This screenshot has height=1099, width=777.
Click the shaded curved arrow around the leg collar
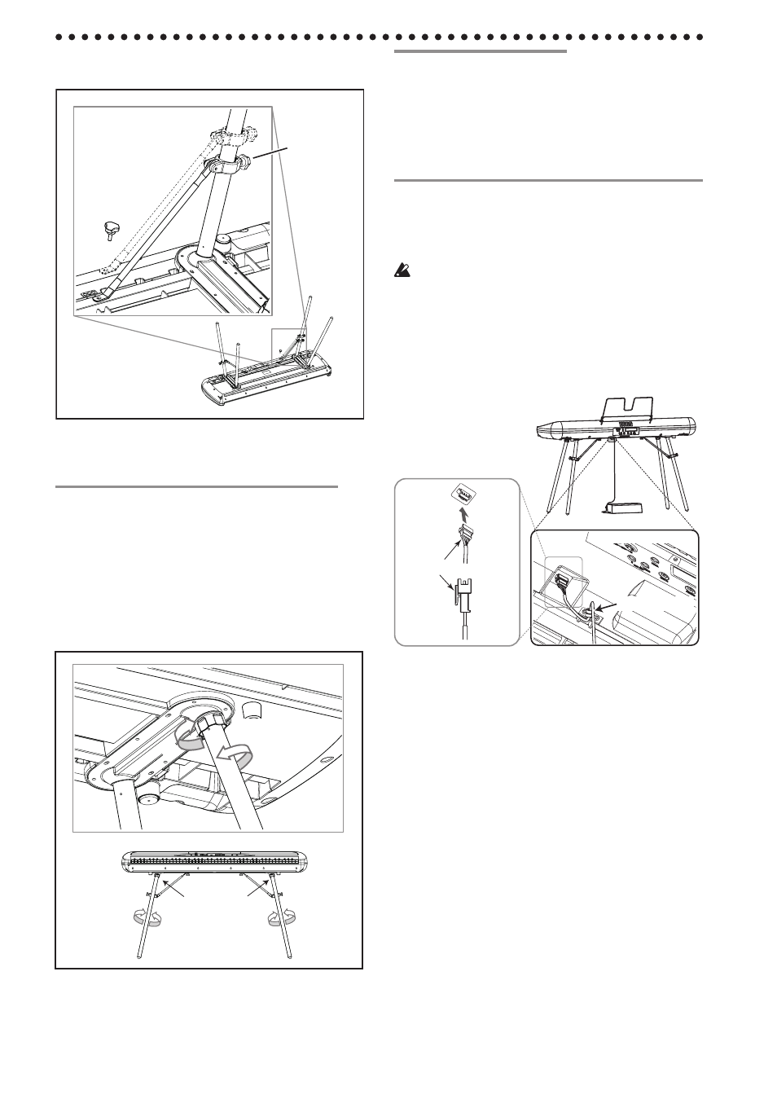192,735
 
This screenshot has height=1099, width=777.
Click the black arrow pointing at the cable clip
604,605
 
